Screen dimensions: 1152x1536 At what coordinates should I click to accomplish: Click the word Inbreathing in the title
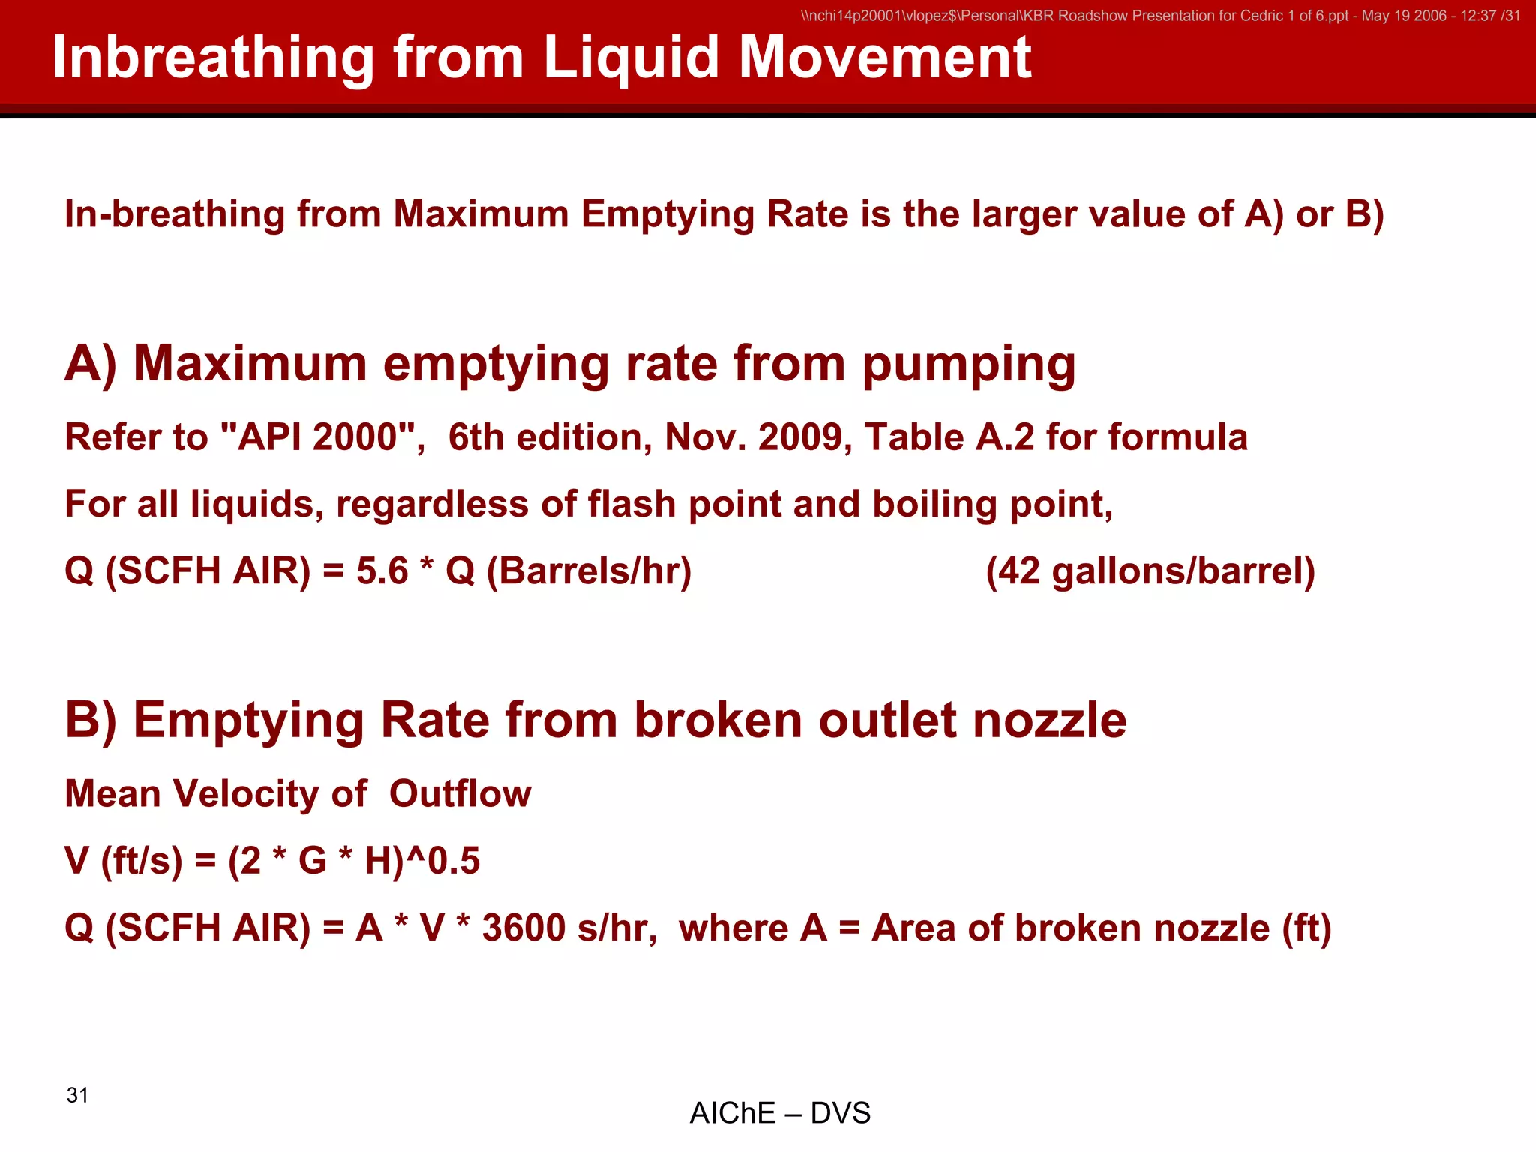[x=213, y=58]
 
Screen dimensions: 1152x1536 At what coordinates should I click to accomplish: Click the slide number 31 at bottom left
[x=77, y=1095]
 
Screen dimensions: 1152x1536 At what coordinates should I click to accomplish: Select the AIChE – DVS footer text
[x=780, y=1113]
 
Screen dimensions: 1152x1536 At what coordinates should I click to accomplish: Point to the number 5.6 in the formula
[x=382, y=571]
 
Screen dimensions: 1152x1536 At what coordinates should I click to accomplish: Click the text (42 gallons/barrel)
[x=1150, y=571]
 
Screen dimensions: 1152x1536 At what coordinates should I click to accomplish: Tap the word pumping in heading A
[x=968, y=365]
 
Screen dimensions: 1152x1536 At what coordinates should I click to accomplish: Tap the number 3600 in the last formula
[x=523, y=928]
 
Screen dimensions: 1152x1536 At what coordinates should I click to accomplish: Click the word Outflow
[x=460, y=794]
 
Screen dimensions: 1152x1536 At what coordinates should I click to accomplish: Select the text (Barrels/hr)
[x=589, y=571]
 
